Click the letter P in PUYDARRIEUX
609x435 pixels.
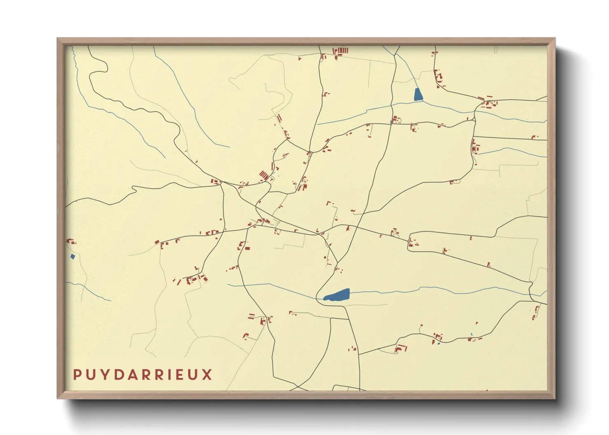(77, 375)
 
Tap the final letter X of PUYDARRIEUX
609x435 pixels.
(207, 375)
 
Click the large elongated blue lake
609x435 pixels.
(338, 295)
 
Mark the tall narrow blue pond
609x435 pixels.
(418, 95)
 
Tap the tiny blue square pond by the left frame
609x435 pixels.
(73, 257)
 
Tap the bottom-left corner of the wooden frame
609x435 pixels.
(58, 398)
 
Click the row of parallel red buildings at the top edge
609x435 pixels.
(341, 51)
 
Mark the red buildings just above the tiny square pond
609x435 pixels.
(71, 241)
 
